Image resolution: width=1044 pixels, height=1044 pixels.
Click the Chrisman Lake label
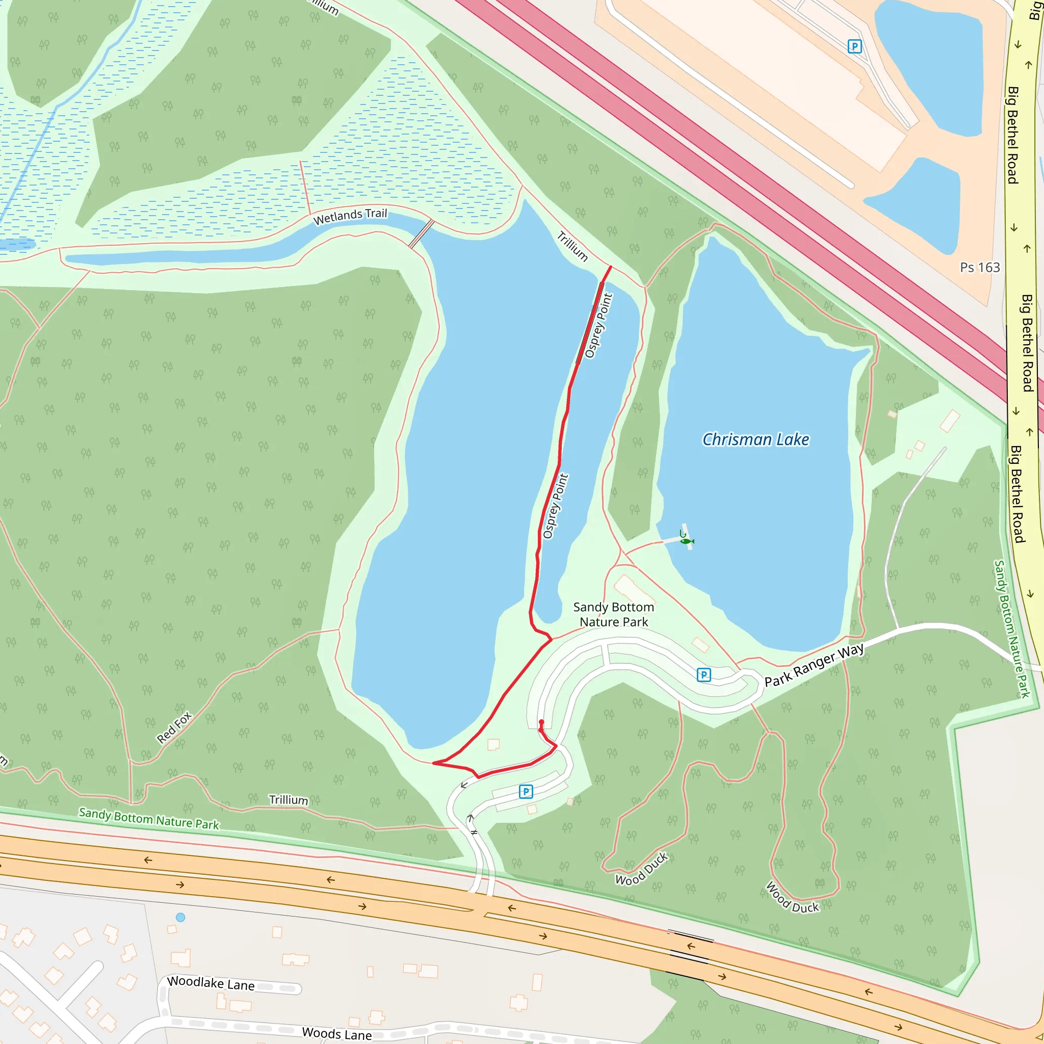(755, 440)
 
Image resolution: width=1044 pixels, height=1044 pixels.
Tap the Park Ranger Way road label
(814, 664)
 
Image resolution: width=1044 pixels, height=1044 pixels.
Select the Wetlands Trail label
(350, 216)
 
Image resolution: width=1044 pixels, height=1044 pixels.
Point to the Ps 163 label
(980, 268)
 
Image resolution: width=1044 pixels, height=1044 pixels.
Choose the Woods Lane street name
(336, 1033)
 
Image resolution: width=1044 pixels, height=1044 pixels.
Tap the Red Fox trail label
(174, 727)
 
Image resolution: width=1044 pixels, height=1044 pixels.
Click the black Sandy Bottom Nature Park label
(613, 614)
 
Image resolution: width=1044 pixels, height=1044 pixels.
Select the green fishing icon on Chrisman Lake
(686, 540)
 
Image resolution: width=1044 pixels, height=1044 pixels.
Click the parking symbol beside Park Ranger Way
(703, 674)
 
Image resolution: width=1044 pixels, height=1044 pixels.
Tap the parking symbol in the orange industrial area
(854, 46)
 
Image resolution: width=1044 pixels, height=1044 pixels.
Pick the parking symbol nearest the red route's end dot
(526, 792)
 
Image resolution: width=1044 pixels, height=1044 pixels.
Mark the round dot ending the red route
(541, 722)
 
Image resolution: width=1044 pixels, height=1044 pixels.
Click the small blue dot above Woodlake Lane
(180, 917)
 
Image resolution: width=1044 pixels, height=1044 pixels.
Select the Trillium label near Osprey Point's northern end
(572, 246)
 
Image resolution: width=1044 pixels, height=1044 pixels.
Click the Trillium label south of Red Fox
(289, 800)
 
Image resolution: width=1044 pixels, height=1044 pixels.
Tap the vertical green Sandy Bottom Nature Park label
(1012, 629)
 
